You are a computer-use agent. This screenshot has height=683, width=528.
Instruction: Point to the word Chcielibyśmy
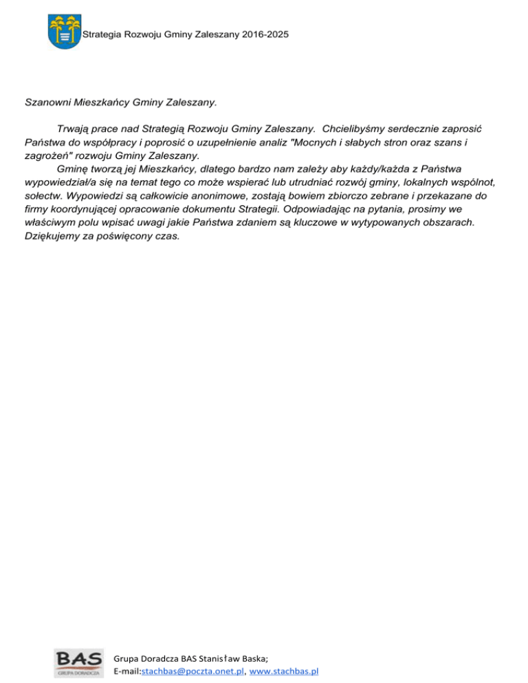tap(361, 128)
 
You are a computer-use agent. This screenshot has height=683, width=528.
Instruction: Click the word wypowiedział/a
tap(63, 182)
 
